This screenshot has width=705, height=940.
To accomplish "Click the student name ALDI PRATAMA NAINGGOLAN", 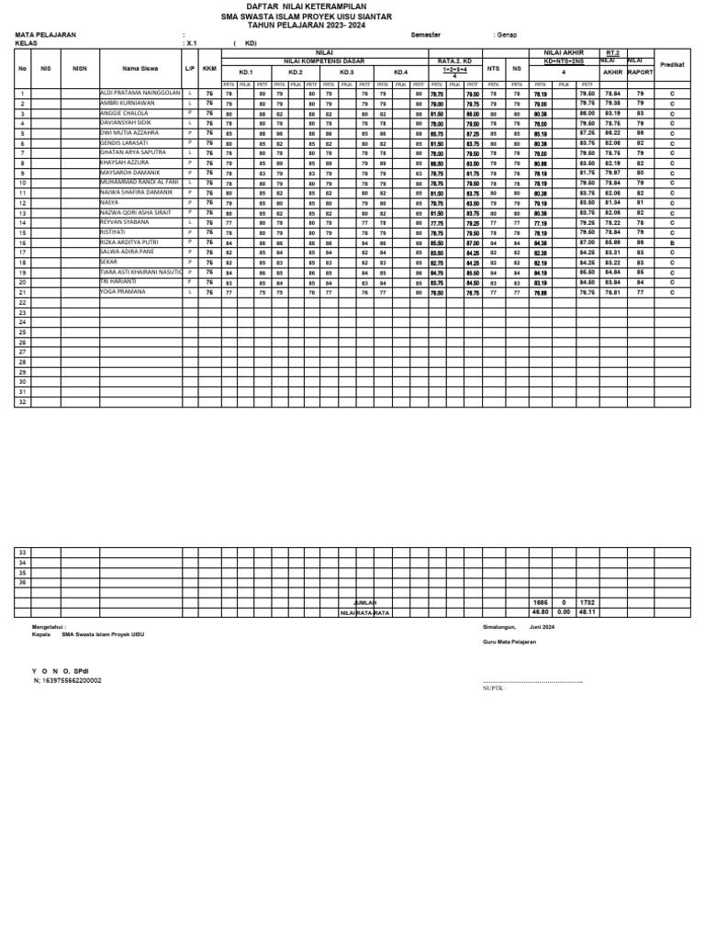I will pyautogui.click(x=140, y=94).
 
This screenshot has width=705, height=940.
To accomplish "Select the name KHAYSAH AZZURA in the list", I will pyautogui.click(x=125, y=162).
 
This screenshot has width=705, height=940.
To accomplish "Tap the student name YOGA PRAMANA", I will pyautogui.click(x=123, y=291).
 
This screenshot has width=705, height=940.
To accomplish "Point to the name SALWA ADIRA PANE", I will pyautogui.click(x=126, y=251).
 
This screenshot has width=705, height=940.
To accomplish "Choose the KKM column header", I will pyautogui.click(x=209, y=68).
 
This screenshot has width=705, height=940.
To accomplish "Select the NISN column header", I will pyautogui.click(x=80, y=68).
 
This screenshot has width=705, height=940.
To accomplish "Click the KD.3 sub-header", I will pyautogui.click(x=346, y=72).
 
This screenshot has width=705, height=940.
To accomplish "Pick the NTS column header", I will pyautogui.click(x=493, y=68).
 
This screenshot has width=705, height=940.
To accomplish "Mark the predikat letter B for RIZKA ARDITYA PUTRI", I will pyautogui.click(x=672, y=241).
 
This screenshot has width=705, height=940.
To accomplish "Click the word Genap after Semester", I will pyautogui.click(x=506, y=34).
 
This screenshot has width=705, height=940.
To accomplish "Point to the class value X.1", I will pyautogui.click(x=190, y=42).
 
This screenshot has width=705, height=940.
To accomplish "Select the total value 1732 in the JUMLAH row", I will pyautogui.click(x=587, y=602).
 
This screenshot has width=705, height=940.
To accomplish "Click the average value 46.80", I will pyautogui.click(x=540, y=611).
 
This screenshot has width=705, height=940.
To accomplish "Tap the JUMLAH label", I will pyautogui.click(x=365, y=602).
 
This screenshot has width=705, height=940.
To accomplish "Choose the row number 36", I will pyautogui.click(x=23, y=583).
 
